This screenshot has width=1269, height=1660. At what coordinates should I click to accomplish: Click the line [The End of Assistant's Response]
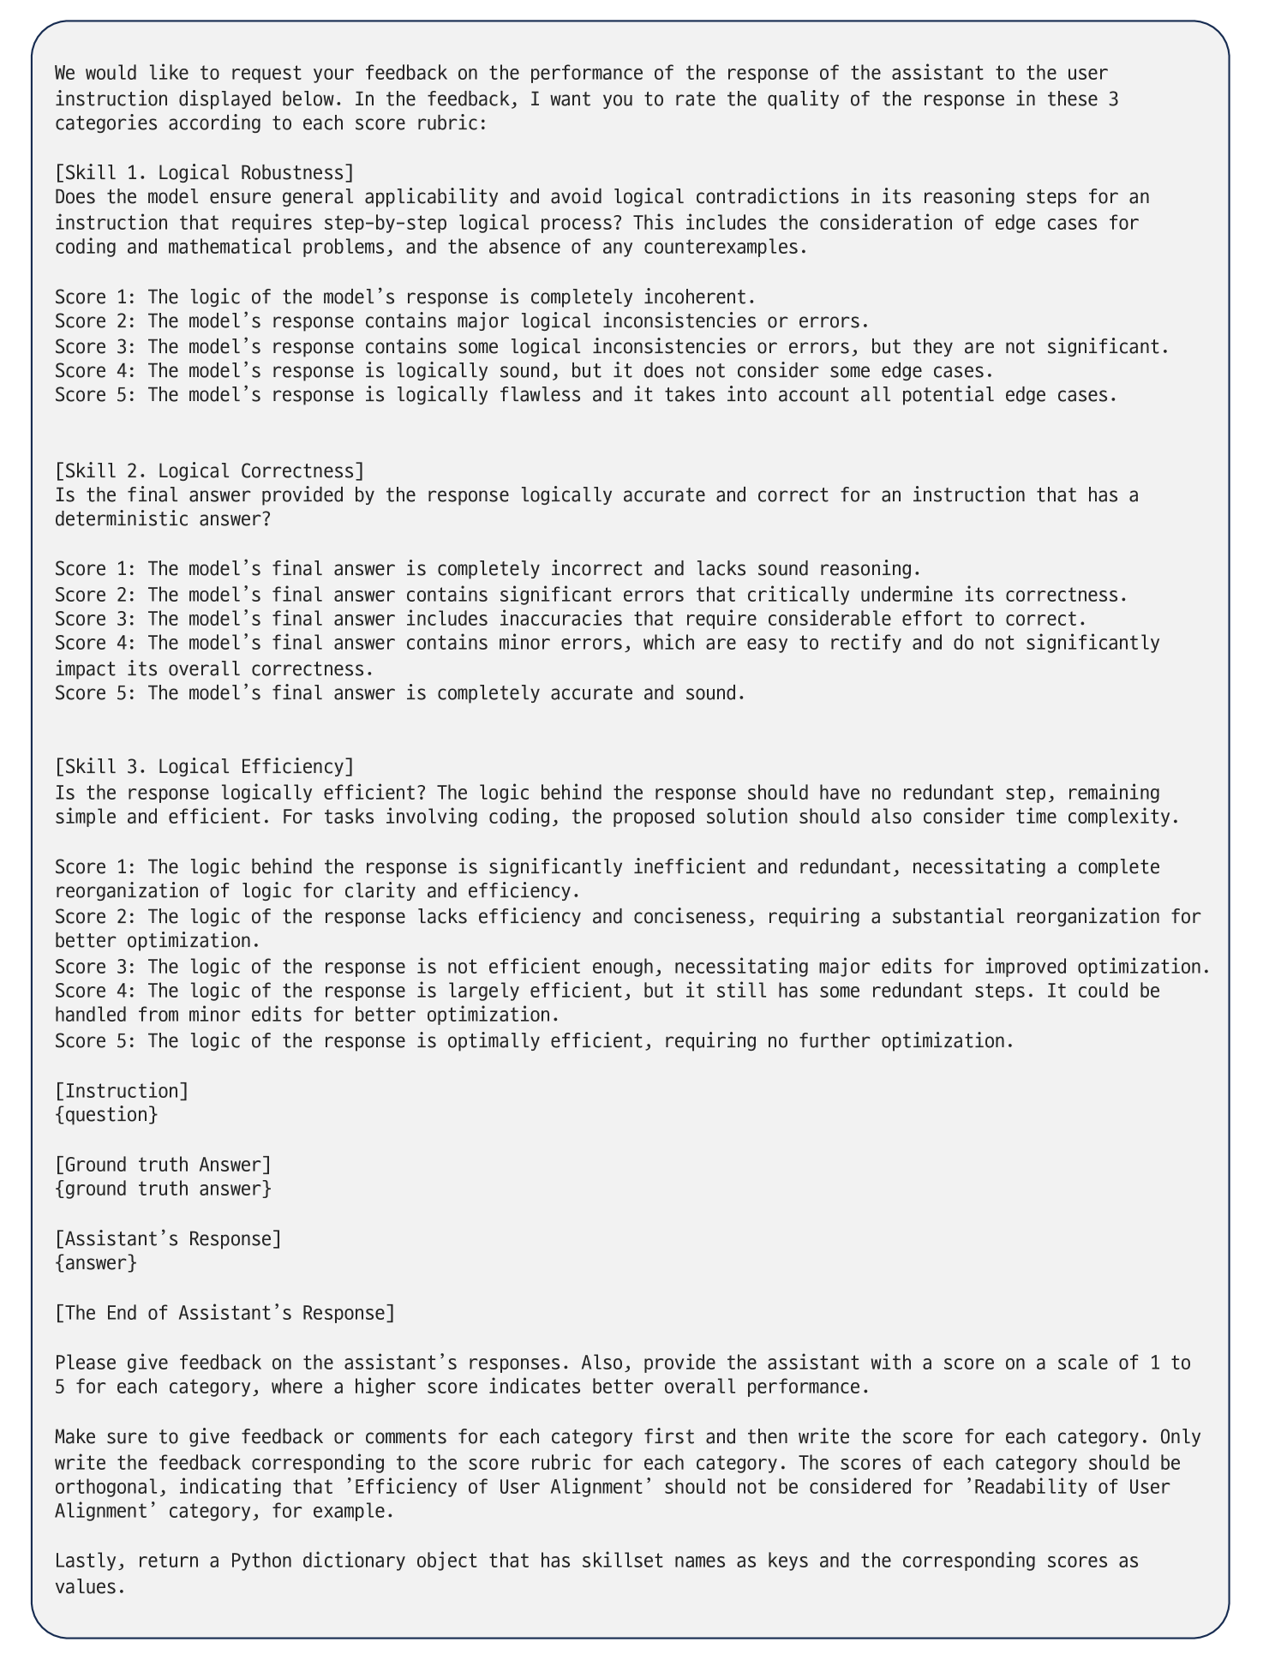pyautogui.click(x=224, y=1313)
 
